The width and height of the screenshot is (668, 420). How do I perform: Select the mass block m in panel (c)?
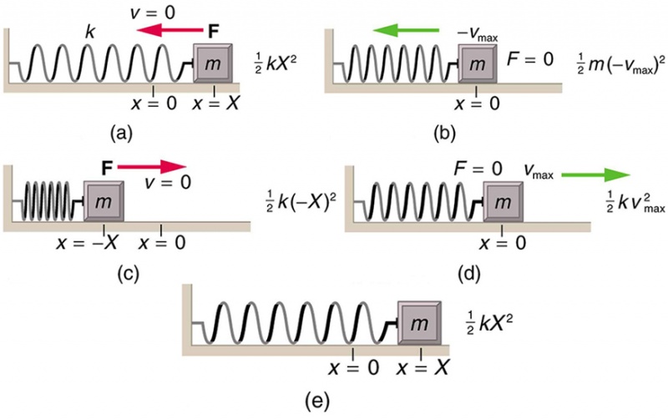(105, 202)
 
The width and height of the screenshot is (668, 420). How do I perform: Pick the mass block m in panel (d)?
(501, 202)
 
